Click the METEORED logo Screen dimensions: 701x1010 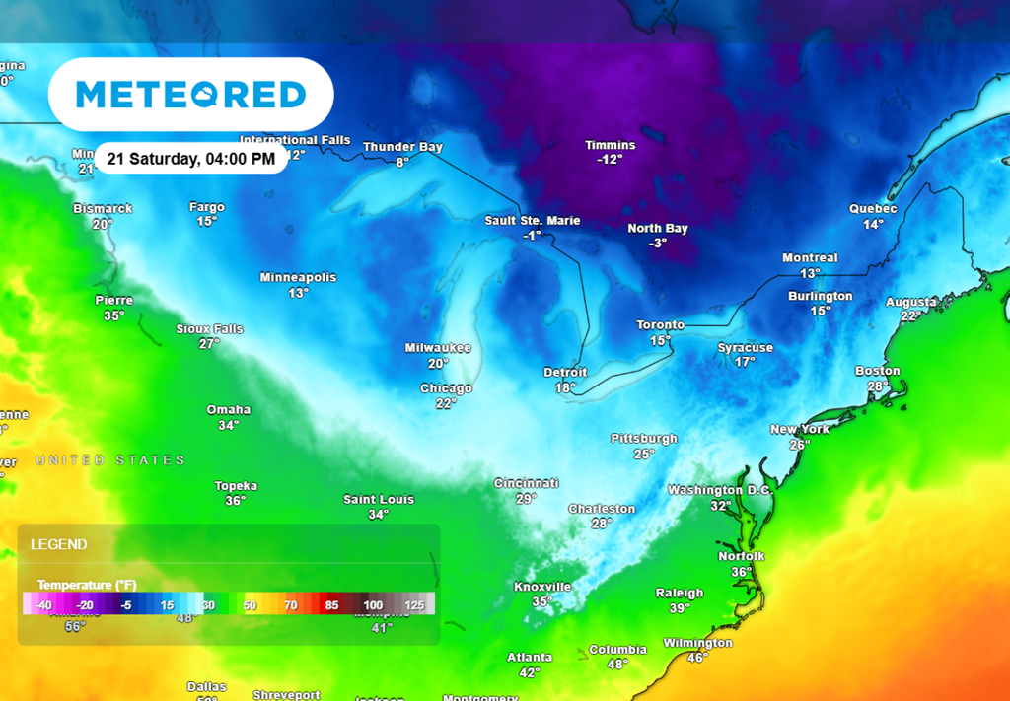tap(190, 95)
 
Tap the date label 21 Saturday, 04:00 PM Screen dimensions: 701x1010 tap(191, 159)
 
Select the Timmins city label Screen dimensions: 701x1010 tap(610, 145)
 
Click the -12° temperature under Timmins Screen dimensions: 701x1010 tap(610, 159)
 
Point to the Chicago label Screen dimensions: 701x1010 tap(446, 388)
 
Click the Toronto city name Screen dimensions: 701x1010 tap(660, 325)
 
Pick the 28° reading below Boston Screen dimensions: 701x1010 tap(877, 386)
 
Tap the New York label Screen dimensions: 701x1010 tap(799, 430)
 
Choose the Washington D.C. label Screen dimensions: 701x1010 tap(720, 490)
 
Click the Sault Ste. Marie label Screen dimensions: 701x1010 tap(532, 221)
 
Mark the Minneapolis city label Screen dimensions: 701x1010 tap(298, 277)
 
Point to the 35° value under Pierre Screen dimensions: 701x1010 tap(114, 315)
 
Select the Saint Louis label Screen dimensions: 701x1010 tap(379, 500)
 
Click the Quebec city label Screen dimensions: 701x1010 tap(873, 209)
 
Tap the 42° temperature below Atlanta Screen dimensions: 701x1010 tap(530, 672)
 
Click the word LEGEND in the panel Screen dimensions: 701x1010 tap(58, 544)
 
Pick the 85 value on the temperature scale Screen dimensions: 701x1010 tap(331, 605)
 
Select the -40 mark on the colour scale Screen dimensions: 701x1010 tap(44, 605)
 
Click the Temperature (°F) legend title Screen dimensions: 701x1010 tap(87, 585)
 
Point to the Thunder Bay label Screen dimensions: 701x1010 tap(402, 147)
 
